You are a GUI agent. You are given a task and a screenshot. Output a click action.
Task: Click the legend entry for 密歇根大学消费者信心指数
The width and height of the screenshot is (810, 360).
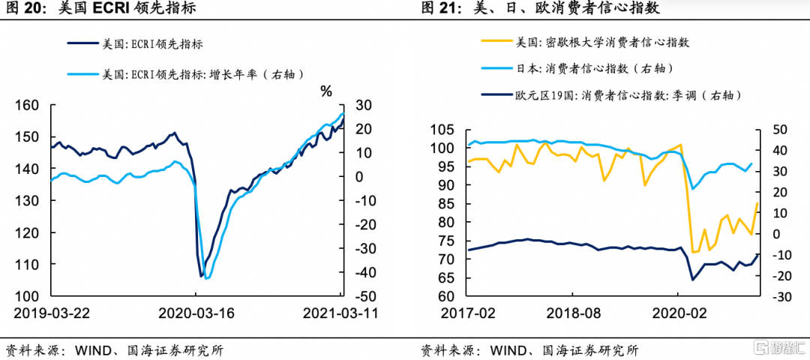tap(592, 43)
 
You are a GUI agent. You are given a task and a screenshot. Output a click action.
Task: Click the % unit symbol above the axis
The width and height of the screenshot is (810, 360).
tap(326, 91)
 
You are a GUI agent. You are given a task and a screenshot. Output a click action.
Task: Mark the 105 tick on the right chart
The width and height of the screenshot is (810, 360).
tap(443, 130)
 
